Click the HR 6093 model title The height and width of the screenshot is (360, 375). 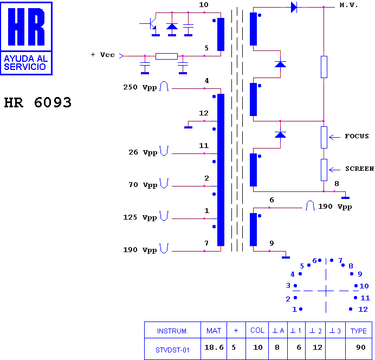[38, 102]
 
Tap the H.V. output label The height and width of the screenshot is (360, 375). [348, 5]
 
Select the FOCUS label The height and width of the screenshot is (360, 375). [357, 136]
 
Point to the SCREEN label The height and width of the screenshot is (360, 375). [359, 169]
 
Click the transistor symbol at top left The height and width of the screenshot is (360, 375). [151, 24]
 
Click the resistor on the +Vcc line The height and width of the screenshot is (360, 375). [166, 56]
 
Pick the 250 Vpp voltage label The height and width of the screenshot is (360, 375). [140, 87]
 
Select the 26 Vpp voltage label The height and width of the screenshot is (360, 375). [143, 152]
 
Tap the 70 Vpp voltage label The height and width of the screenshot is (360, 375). [143, 185]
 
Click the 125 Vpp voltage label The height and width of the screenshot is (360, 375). [140, 217]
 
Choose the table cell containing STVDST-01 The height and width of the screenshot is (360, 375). [172, 350]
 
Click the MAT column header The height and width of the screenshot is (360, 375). [214, 331]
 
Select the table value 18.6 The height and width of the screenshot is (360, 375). [214, 348]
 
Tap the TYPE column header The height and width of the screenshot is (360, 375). [359, 331]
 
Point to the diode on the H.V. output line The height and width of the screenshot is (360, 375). [294, 7]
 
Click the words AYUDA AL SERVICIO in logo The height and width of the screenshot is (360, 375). [26, 63]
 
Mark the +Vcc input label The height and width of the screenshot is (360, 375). [103, 55]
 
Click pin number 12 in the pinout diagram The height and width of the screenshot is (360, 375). [363, 309]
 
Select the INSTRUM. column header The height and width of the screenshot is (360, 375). [172, 331]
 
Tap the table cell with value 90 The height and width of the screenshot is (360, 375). [361, 348]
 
